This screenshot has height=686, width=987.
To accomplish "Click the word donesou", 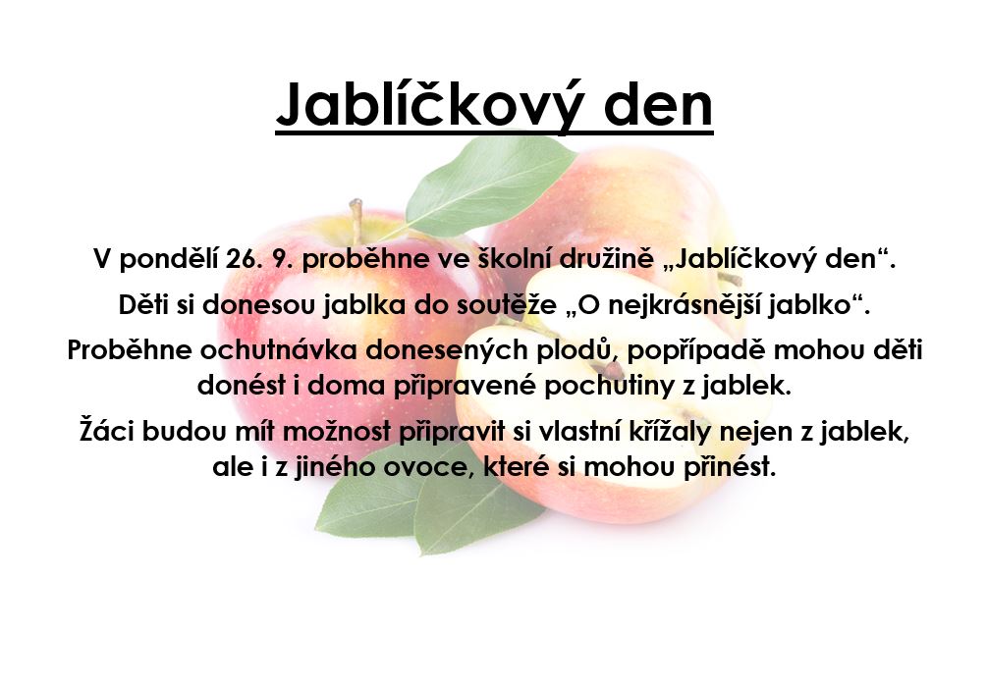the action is point(258,305).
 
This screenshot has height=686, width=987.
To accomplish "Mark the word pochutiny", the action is point(609,386).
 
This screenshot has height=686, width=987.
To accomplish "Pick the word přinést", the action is point(729,467).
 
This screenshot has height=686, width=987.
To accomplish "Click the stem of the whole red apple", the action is point(356,220).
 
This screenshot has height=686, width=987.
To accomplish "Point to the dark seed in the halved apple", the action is point(611,370).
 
